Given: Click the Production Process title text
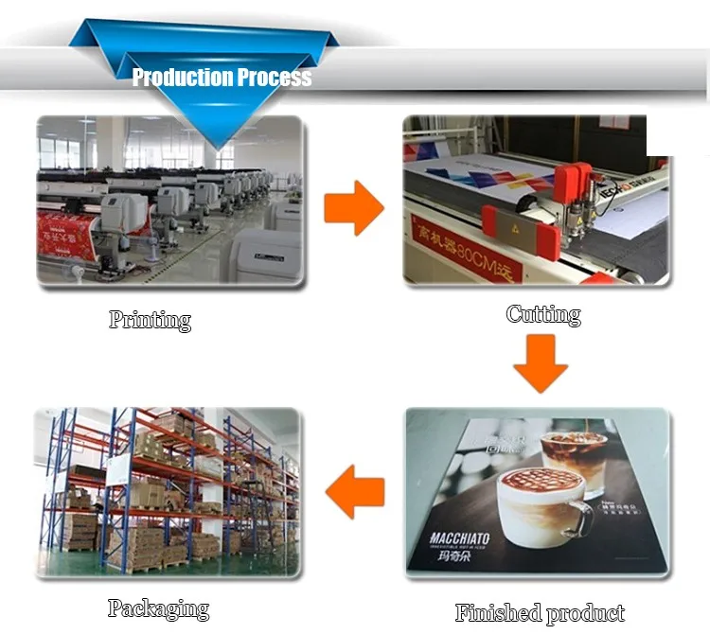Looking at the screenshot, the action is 222,78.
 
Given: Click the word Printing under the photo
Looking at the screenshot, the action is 150,320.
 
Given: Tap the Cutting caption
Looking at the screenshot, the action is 543,314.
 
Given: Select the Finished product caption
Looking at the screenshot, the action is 540,612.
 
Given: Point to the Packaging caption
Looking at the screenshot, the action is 158,608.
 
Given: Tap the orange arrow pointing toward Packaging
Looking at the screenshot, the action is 354,491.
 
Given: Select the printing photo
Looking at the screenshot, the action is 170,201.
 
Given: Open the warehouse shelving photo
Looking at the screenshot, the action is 167,490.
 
